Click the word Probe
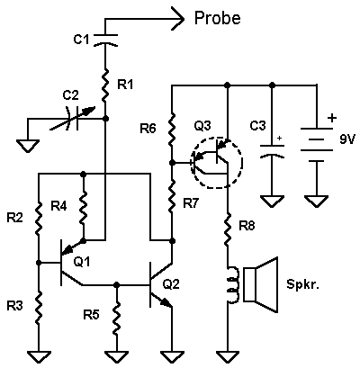[x=218, y=19]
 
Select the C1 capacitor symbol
[x=105, y=40]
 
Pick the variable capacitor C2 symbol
[x=74, y=120]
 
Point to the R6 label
[x=148, y=129]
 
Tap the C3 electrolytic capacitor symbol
[x=272, y=151]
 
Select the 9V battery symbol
[x=316, y=145]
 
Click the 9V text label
[x=347, y=139]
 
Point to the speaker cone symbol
[x=260, y=284]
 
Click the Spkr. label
[x=302, y=283]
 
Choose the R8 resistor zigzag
[x=228, y=229]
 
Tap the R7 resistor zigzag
[x=172, y=196]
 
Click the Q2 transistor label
[x=171, y=283]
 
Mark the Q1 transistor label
[x=82, y=262]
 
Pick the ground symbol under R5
[x=116, y=356]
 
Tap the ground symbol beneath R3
[x=39, y=356]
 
